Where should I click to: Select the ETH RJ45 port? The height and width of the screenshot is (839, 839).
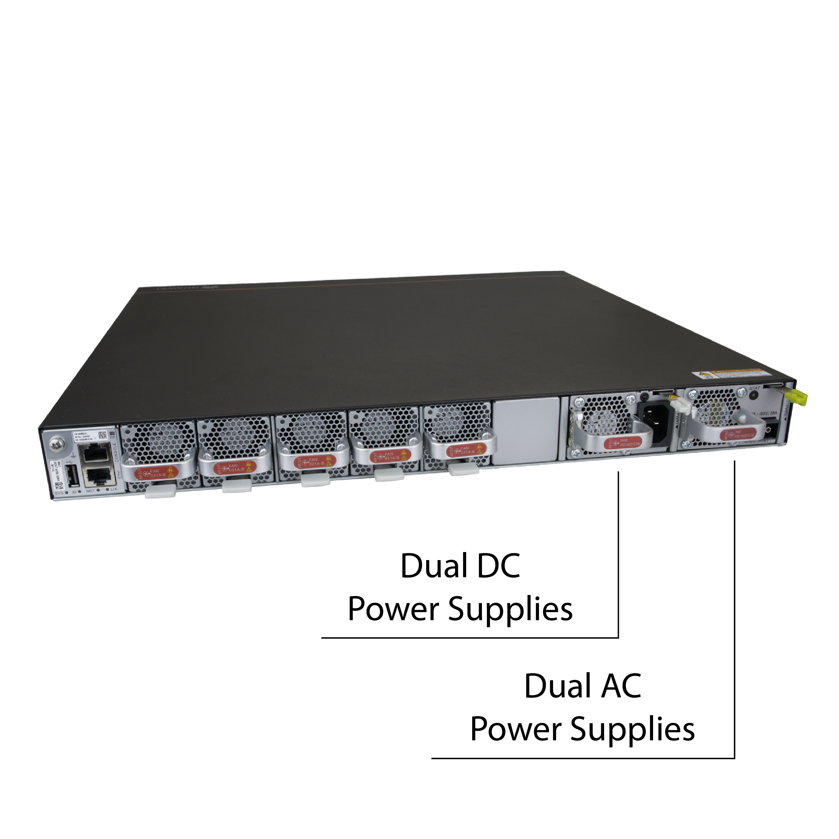96,477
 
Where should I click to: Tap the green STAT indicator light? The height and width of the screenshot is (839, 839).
754,395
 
